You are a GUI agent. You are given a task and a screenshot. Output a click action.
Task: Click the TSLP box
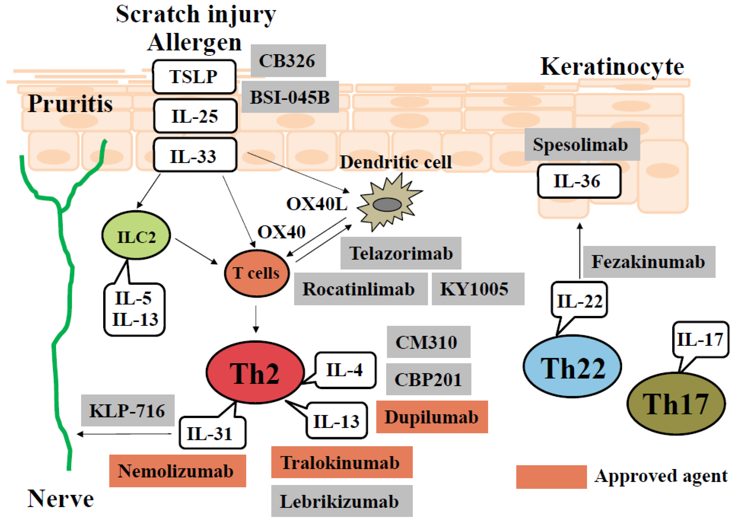194,76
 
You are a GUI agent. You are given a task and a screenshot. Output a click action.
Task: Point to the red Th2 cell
255,373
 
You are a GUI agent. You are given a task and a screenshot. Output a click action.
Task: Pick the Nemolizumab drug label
177,471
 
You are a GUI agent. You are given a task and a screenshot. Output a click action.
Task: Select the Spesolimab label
582,144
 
